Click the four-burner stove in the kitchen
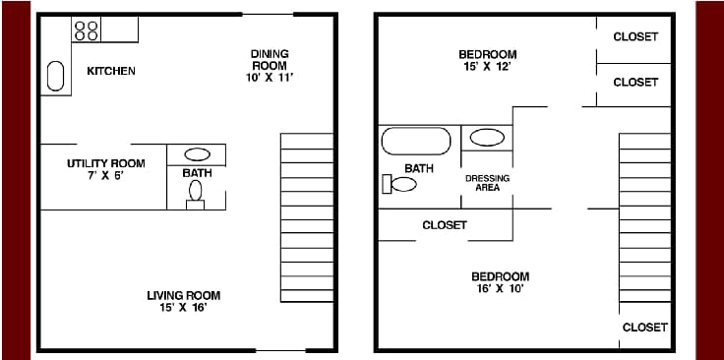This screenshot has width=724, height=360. (87, 30)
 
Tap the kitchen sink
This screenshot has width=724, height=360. (56, 77)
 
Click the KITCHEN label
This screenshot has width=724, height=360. (111, 71)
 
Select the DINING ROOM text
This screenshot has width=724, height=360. (268, 60)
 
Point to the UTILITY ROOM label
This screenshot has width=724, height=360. (105, 163)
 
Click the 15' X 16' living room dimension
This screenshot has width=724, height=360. (183, 308)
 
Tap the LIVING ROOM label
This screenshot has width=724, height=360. (183, 295)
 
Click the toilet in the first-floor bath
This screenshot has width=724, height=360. (196, 193)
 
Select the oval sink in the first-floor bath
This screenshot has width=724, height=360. (197, 154)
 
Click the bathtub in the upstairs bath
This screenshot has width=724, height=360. (416, 140)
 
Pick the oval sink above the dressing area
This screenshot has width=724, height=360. (487, 138)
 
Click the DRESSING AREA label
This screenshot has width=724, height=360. (487, 183)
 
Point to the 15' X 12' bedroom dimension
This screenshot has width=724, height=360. (487, 68)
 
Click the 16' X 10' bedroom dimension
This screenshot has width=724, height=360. (500, 290)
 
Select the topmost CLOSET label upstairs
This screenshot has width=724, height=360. (634, 36)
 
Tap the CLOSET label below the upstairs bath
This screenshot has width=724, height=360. (444, 225)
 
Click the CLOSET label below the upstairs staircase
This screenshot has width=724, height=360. (644, 327)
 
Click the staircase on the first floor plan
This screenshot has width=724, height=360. (307, 216)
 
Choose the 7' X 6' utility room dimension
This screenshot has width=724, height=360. (105, 175)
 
